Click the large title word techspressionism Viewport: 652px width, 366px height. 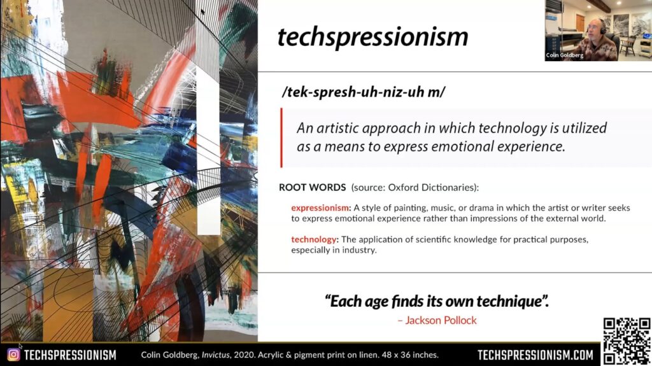[x=372, y=36]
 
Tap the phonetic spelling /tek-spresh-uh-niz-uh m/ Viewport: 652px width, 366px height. [x=363, y=92]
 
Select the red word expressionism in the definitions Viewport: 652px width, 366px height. [x=320, y=208]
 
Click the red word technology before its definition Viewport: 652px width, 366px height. [x=313, y=239]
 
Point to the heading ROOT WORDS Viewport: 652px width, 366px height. [x=312, y=187]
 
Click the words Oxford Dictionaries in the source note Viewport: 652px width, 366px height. [x=432, y=187]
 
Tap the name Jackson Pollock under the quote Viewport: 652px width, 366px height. [x=441, y=320]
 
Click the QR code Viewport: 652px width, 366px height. [x=627, y=341]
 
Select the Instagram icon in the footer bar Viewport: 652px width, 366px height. [x=13, y=355]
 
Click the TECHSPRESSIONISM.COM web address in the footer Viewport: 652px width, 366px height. [x=535, y=355]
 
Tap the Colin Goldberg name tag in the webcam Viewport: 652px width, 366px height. [x=565, y=55]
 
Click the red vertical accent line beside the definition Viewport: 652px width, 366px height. [x=281, y=137]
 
